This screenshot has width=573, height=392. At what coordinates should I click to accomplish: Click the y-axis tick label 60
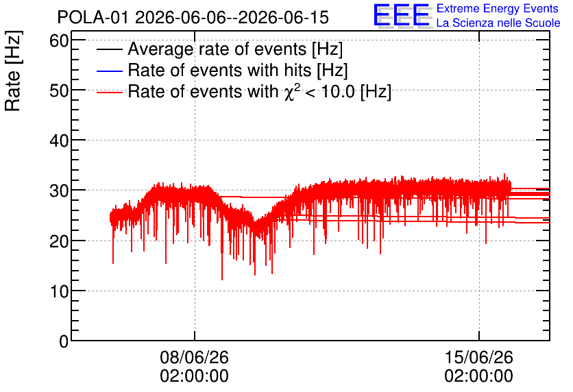click(59, 41)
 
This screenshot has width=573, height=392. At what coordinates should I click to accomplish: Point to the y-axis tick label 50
click(59, 91)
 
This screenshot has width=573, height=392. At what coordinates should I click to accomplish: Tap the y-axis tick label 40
click(59, 140)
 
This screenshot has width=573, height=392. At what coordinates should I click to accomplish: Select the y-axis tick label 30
click(59, 191)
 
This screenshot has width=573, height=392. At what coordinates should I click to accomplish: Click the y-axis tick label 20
click(59, 241)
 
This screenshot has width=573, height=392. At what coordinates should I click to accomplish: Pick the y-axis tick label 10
click(59, 291)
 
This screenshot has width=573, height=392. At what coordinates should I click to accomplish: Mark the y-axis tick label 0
click(64, 341)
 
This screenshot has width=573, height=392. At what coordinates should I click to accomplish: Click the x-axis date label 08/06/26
click(195, 357)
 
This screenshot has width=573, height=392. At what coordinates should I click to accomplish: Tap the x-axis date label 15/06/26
click(478, 357)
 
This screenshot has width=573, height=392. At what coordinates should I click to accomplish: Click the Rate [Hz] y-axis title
click(13, 71)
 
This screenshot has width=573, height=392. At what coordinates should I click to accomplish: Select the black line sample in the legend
click(109, 49)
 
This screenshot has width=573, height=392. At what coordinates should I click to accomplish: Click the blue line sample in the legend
click(109, 71)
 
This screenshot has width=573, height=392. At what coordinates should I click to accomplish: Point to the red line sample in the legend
click(109, 93)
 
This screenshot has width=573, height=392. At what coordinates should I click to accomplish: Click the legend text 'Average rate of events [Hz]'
click(235, 49)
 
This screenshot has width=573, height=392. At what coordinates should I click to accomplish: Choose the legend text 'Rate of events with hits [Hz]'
click(238, 71)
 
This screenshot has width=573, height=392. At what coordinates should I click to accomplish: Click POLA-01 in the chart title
click(93, 18)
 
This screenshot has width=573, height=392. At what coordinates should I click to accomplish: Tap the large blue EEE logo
click(401, 15)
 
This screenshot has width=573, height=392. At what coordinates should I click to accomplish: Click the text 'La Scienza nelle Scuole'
click(498, 23)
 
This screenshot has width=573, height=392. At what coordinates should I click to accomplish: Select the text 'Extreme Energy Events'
click(498, 8)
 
